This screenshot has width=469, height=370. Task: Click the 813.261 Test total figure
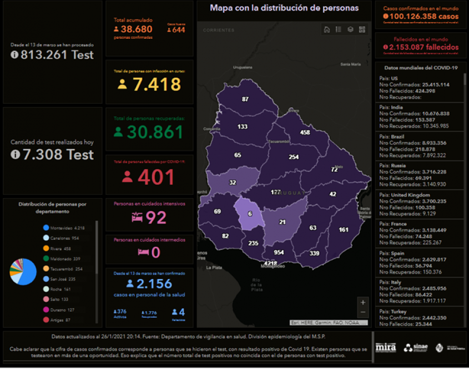coord(53,54)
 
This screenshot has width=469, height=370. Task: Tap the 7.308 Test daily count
coord(53,154)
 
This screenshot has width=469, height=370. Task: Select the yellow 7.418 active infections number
coord(149,84)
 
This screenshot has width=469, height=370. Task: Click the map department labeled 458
coord(305,133)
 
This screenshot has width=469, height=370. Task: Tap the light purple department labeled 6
coord(250,214)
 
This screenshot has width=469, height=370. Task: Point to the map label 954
coord(279,252)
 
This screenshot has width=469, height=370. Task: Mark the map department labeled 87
coord(245,99)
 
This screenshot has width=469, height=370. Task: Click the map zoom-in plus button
coord(363,302)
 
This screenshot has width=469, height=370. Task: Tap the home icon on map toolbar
coord(327,29)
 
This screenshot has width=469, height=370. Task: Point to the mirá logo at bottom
coord(386,347)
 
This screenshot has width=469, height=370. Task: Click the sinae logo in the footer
coord(416,348)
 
